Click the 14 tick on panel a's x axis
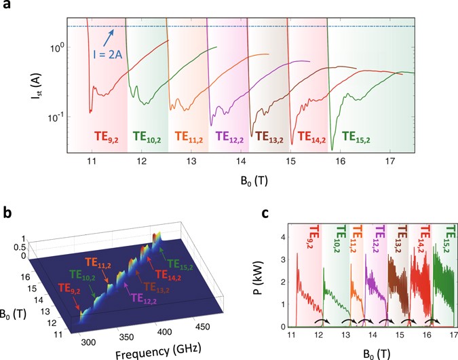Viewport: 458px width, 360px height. (241, 163)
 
